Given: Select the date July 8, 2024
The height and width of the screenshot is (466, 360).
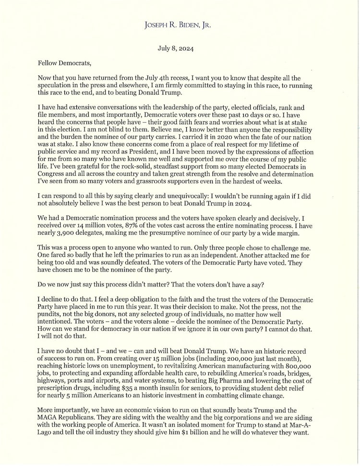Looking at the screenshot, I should (180, 48).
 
